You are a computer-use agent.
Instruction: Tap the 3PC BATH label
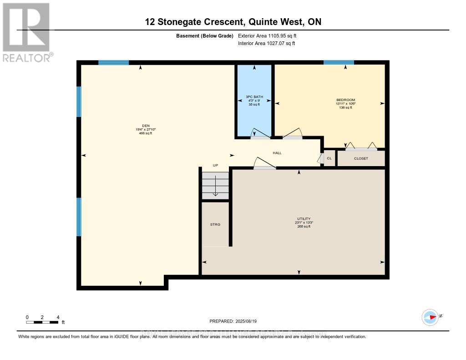[x=254, y=97]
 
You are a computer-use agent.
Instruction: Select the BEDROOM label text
[x=345, y=100]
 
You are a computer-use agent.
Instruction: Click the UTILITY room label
[x=304, y=219]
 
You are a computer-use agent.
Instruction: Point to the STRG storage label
[x=215, y=224]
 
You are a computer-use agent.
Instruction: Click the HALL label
[x=277, y=153]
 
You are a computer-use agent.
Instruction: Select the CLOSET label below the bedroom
[x=361, y=158]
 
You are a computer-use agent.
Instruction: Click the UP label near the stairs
[x=216, y=165]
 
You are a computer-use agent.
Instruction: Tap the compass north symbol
[x=430, y=317]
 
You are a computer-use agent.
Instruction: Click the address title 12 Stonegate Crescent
[x=233, y=22]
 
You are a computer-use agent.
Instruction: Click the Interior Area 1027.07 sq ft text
[x=267, y=43]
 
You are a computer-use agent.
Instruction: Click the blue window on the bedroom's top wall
[x=339, y=62]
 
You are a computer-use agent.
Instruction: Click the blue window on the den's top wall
[x=113, y=62]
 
